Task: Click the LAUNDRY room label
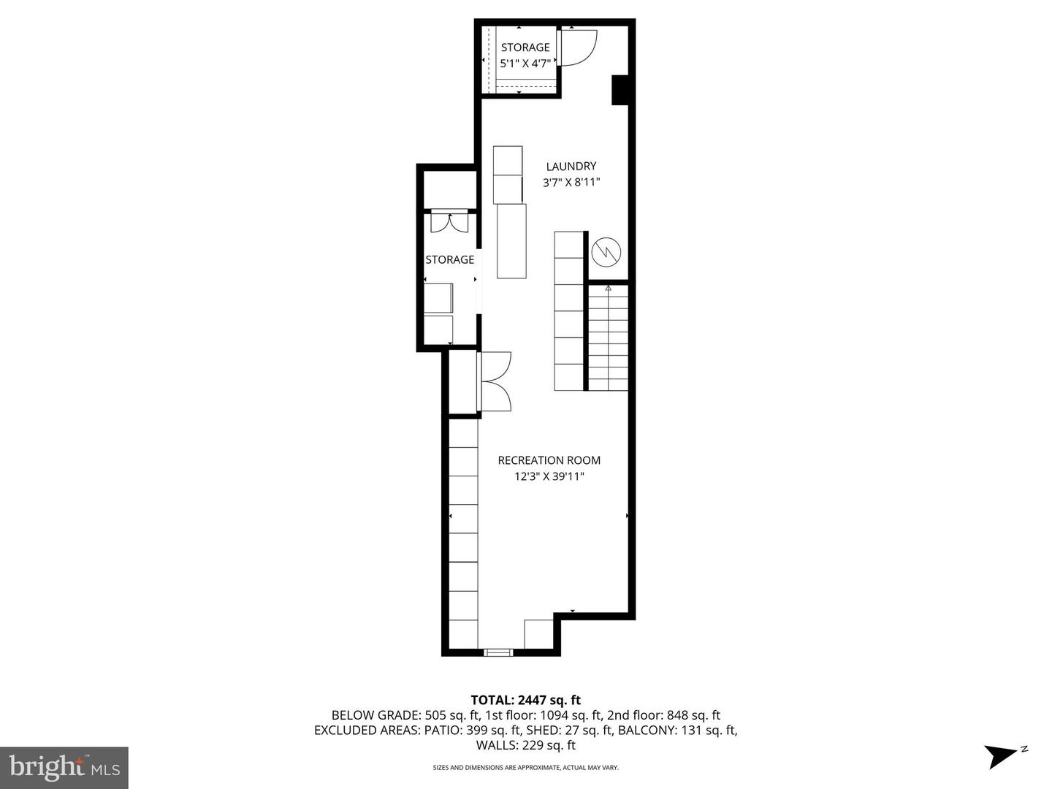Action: click(571, 167)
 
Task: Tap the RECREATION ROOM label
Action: click(549, 460)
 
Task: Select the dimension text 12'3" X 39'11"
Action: click(549, 477)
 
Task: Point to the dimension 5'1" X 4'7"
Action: click(525, 64)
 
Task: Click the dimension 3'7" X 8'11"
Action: click(571, 183)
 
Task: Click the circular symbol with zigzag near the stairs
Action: click(606, 252)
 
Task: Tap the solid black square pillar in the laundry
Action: click(620, 90)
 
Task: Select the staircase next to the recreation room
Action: click(608, 338)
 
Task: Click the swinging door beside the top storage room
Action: click(579, 47)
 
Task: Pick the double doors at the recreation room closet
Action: click(495, 381)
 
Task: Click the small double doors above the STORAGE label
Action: click(449, 221)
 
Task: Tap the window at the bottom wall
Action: click(499, 652)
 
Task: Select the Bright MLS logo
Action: click(64, 767)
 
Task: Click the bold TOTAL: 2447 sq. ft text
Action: click(525, 701)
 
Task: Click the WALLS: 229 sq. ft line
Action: click(525, 745)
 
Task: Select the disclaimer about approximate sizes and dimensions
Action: click(525, 768)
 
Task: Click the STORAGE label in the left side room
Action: click(449, 259)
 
